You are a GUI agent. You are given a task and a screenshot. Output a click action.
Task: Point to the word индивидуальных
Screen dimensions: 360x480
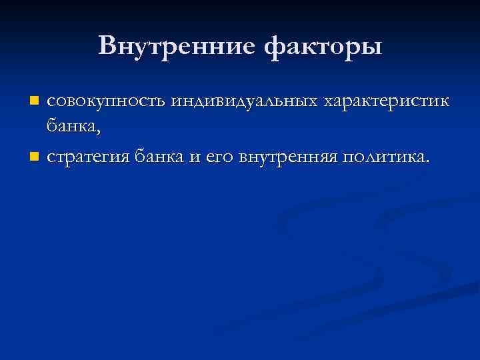[243, 102]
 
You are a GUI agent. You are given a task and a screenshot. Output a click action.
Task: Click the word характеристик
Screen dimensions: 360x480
[387, 102]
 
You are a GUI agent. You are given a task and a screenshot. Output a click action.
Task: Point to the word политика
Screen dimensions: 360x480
[380, 157]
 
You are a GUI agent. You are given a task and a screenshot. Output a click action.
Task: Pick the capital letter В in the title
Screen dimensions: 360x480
[107, 46]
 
